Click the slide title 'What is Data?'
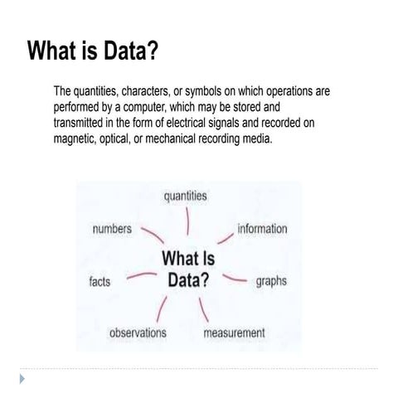(x=92, y=51)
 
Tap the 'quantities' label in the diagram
(x=185, y=197)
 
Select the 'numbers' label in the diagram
(x=111, y=229)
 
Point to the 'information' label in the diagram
(x=262, y=229)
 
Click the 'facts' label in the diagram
(x=99, y=281)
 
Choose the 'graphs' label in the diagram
(x=271, y=281)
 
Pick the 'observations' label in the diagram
(x=138, y=332)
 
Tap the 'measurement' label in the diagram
(x=235, y=333)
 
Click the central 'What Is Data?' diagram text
(x=188, y=268)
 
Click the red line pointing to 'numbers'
(x=153, y=235)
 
